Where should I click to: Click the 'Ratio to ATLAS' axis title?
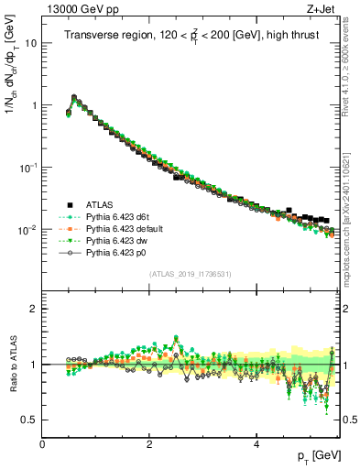click(13, 364)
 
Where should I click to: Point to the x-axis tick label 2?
click(149, 443)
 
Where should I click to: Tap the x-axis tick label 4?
click(256, 443)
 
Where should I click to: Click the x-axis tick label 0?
click(43, 443)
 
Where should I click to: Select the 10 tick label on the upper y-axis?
click(30, 43)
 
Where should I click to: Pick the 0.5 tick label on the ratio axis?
click(29, 420)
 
